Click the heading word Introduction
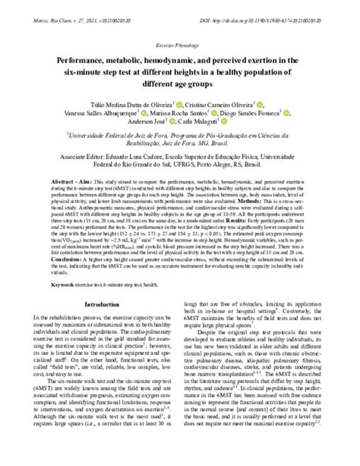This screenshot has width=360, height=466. tap(103, 304)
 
